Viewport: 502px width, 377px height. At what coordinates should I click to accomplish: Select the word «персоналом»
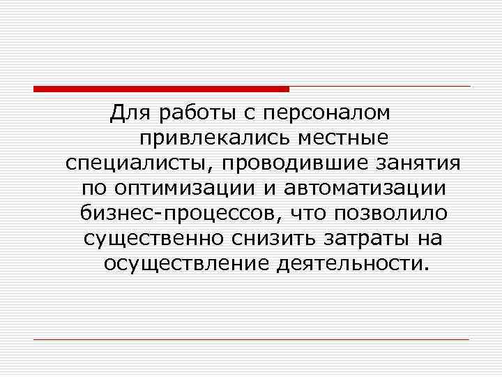330,112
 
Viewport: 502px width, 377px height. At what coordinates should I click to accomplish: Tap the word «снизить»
273,238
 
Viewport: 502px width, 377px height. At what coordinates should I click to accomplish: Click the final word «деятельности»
350,263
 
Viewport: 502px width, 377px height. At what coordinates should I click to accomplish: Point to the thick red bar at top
161,89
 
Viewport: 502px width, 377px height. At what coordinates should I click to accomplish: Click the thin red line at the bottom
251,339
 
